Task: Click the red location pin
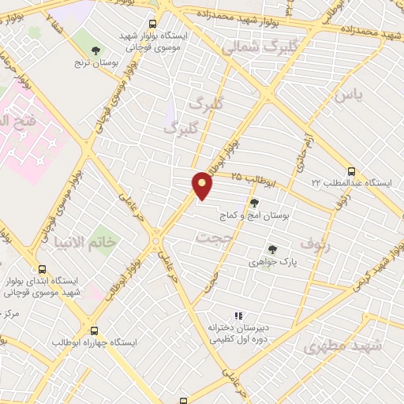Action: tap(202, 185)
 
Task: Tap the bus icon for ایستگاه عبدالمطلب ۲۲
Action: tap(351, 171)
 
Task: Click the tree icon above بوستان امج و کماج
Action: tap(253, 203)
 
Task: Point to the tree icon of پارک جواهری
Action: tap(272, 249)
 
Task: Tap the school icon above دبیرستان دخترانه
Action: tap(238, 316)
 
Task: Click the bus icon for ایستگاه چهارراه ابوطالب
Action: tap(95, 331)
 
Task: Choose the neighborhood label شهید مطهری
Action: tap(344, 346)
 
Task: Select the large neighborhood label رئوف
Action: tap(347, 246)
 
